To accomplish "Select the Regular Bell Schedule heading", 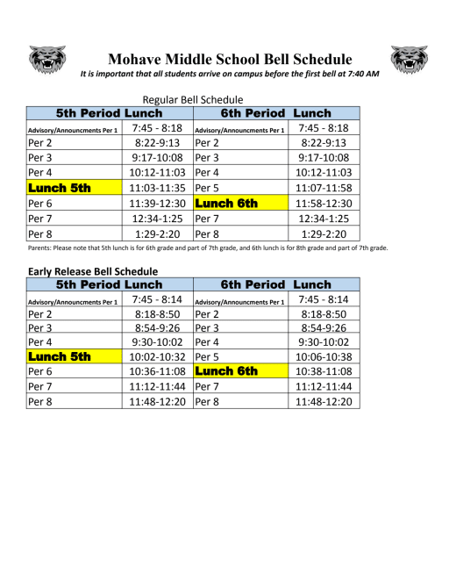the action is pyautogui.click(x=192, y=99).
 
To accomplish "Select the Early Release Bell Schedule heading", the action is pyautogui.click(x=93, y=271).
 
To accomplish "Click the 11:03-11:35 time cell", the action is pyautogui.click(x=157, y=188).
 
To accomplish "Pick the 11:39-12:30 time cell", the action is pyautogui.click(x=157, y=203).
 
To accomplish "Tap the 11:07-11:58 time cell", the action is pyautogui.click(x=324, y=188).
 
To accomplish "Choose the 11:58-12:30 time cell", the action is pyautogui.click(x=324, y=203).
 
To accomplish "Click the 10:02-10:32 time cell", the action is pyautogui.click(x=157, y=357).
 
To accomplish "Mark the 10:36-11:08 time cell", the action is pyautogui.click(x=157, y=371).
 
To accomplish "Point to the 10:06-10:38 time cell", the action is pyautogui.click(x=324, y=357).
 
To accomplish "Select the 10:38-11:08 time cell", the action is pyautogui.click(x=324, y=371).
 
